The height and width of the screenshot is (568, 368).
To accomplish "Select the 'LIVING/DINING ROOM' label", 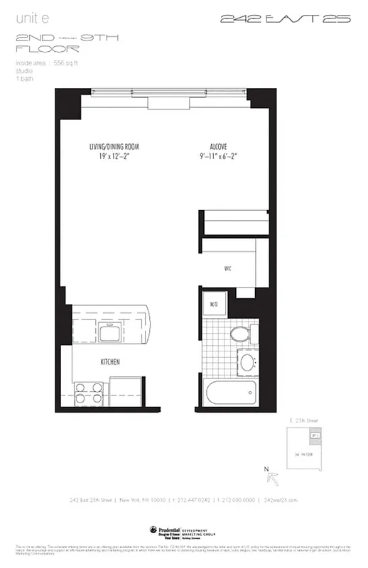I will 114,147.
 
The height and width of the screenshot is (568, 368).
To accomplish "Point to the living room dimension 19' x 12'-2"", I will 114,158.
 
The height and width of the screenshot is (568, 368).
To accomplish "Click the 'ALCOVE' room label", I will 219,147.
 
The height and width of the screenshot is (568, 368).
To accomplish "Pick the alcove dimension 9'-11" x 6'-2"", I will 219,158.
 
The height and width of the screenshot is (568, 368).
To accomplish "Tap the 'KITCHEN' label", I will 109,362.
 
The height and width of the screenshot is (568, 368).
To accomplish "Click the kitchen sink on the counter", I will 111,333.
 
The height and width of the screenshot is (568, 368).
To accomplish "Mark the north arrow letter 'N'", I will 266,469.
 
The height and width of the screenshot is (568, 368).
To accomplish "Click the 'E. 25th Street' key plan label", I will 311,422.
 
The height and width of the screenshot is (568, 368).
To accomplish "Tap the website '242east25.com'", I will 280,500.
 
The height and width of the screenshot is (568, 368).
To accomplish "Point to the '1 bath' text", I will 25,78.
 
